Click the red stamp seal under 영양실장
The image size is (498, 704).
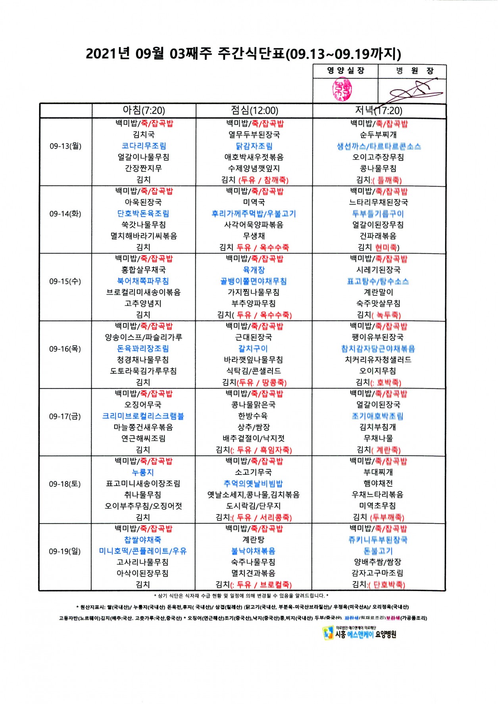click(x=342, y=90)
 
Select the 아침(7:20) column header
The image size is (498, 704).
click(x=144, y=111)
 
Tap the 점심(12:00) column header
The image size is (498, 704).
click(x=254, y=111)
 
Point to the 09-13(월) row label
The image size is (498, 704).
click(x=65, y=146)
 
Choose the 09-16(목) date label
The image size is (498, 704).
click(x=65, y=349)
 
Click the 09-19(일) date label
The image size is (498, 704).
click(x=65, y=551)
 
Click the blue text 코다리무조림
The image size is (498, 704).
click(x=144, y=146)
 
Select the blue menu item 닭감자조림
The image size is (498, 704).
click(x=254, y=146)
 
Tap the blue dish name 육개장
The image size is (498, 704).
click(x=254, y=270)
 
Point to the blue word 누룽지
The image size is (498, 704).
click(x=143, y=473)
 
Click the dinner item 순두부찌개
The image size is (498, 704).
click(x=378, y=135)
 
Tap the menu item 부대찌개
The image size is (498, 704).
click(x=378, y=473)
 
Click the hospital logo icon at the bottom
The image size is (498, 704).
click(x=328, y=633)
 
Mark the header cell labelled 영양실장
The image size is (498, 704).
click(x=346, y=71)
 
